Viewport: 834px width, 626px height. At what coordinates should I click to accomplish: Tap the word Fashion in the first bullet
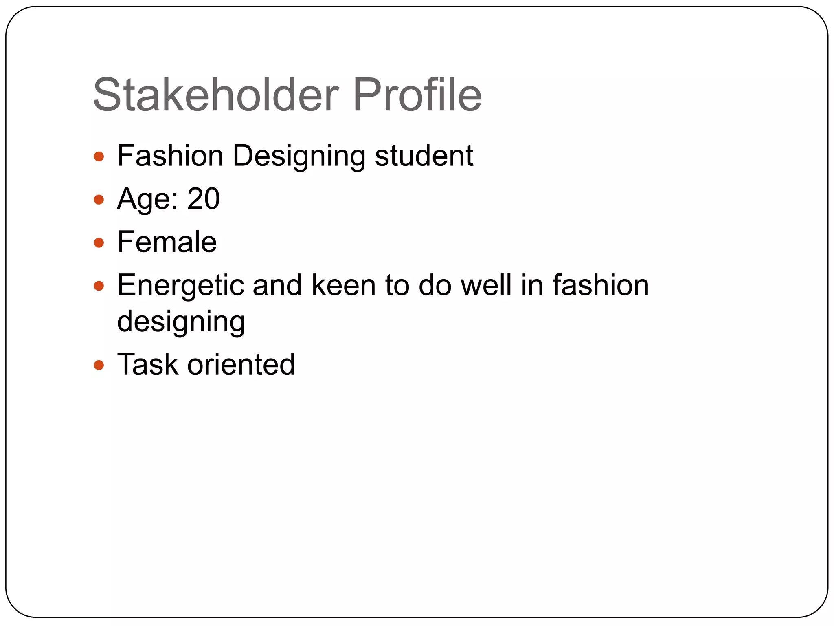pyautogui.click(x=170, y=156)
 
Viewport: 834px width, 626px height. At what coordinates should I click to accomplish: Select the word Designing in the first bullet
pyautogui.click(x=299, y=156)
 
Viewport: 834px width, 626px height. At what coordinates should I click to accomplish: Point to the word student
pyautogui.click(x=424, y=156)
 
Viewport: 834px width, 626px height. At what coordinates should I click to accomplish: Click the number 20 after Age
pyautogui.click(x=203, y=199)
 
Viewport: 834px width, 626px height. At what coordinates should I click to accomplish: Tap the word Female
pyautogui.click(x=167, y=242)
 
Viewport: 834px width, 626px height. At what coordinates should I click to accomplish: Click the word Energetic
pyautogui.click(x=180, y=285)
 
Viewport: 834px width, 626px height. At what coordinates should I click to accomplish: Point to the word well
pyautogui.click(x=486, y=285)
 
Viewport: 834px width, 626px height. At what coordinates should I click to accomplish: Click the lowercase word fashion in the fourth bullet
pyautogui.click(x=601, y=285)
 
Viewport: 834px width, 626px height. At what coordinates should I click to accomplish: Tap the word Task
pyautogui.click(x=148, y=364)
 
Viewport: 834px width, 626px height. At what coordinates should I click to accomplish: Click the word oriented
pyautogui.click(x=241, y=364)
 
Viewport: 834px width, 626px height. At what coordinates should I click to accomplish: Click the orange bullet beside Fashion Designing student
pyautogui.click(x=99, y=156)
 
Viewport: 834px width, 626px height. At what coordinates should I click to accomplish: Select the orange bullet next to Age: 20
pyautogui.click(x=99, y=200)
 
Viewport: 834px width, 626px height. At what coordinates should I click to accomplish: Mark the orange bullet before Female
pyautogui.click(x=99, y=243)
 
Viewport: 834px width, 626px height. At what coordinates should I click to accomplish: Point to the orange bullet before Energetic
pyautogui.click(x=99, y=286)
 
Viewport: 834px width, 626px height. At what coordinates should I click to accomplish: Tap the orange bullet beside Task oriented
pyautogui.click(x=99, y=365)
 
